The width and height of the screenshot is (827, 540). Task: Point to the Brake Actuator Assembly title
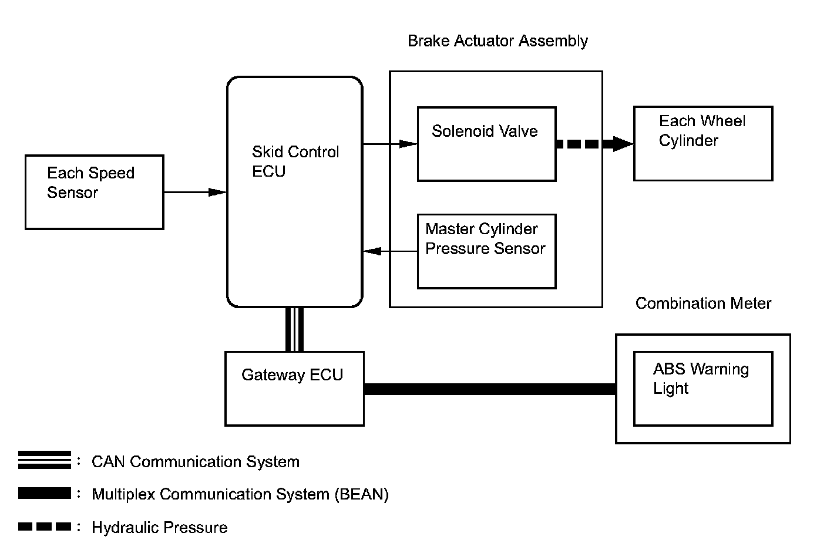point(497,41)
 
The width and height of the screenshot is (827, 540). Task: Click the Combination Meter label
point(703,303)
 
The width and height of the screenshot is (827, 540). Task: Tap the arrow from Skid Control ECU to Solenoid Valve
point(390,144)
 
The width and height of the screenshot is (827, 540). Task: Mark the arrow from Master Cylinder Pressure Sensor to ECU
point(390,251)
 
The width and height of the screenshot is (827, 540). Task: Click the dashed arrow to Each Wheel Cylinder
point(595,144)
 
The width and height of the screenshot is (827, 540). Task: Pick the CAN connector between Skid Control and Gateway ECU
point(295,329)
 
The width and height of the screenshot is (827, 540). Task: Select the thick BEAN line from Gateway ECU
point(490,389)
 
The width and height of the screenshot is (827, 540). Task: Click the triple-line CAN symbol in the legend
point(44,460)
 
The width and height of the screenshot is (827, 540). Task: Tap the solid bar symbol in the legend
point(44,493)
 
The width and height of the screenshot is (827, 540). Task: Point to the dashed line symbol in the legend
point(44,526)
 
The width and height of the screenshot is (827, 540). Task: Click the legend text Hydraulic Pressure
point(160,528)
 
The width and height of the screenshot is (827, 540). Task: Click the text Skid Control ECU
point(295,161)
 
